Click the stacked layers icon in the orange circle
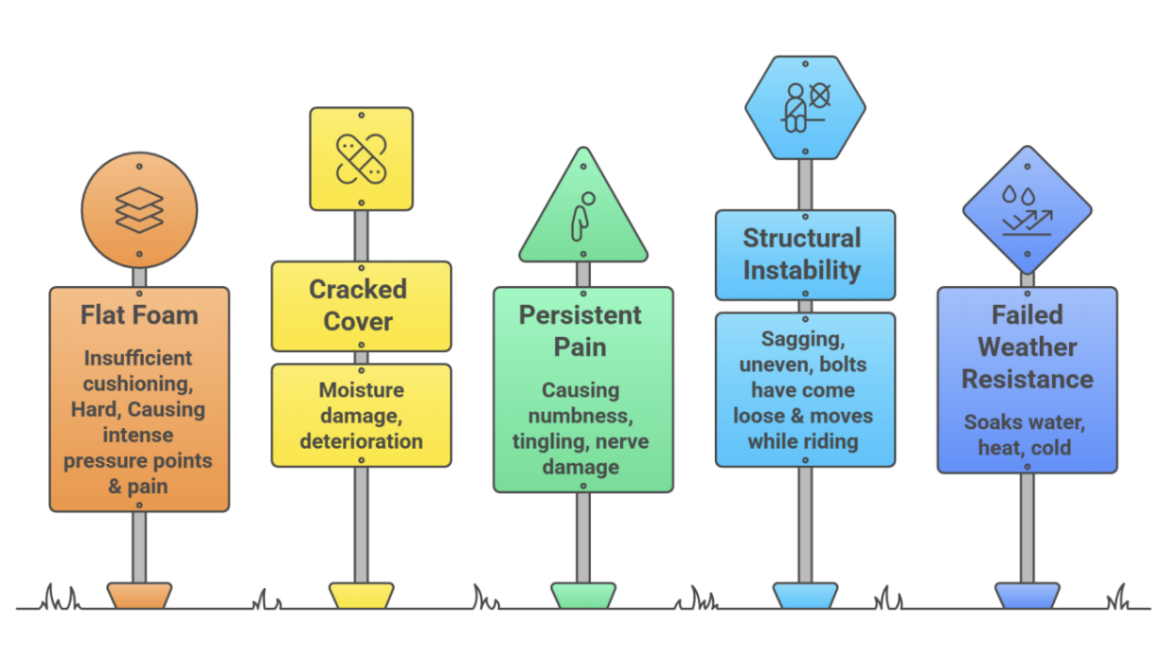click(x=139, y=209)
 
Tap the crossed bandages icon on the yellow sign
click(x=361, y=159)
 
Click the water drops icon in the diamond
click(x=1027, y=209)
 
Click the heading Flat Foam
click(x=139, y=314)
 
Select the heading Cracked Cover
click(x=359, y=305)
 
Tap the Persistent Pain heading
click(x=580, y=330)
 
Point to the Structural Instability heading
click(x=802, y=254)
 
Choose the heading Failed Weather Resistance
click(x=1027, y=347)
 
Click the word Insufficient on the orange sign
click(x=138, y=358)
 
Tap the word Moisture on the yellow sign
click(x=361, y=390)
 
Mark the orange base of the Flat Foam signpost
click(x=139, y=595)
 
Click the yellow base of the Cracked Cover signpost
click(x=361, y=595)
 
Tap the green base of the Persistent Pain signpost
click(x=583, y=595)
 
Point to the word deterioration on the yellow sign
click(x=361, y=441)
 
